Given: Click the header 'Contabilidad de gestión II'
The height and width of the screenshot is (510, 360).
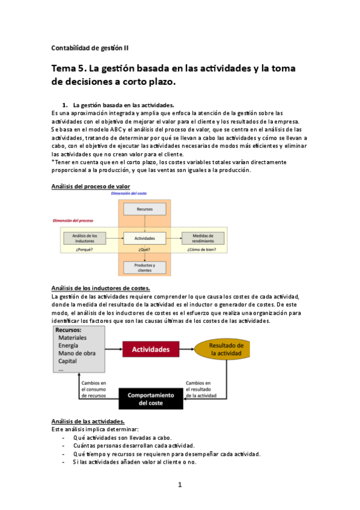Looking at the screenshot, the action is coord(90,48).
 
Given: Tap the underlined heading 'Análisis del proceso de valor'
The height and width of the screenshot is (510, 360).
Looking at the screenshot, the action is coord(91,186).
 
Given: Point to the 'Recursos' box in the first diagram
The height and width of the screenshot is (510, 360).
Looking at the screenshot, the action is coord(144,209).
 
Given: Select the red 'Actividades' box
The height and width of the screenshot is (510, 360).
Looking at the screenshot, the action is coord(151,349).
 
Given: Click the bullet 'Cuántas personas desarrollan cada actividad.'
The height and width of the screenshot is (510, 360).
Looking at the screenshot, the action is coord(125,446).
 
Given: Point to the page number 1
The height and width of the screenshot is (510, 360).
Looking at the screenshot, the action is coord(180,484).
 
